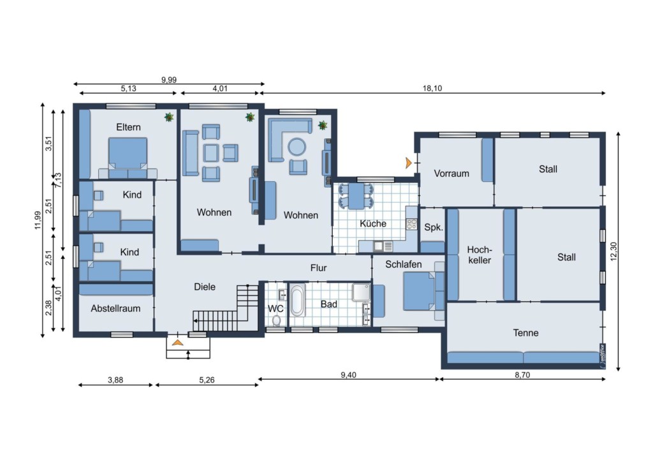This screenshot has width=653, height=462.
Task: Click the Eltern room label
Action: click(x=128, y=127)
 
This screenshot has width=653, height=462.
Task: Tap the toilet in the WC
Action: click(x=276, y=320)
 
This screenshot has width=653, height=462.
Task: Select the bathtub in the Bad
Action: click(x=297, y=300)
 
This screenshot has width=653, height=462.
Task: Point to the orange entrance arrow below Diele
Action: click(x=178, y=343)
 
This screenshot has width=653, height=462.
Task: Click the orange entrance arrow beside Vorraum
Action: click(x=409, y=163)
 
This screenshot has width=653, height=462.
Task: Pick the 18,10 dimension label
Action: click(x=432, y=88)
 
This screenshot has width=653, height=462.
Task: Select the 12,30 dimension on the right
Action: click(x=613, y=251)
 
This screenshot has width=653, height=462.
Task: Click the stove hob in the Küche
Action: click(x=411, y=224)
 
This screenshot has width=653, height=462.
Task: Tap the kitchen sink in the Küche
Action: click(x=383, y=246)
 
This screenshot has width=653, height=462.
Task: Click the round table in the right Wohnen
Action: click(x=297, y=147)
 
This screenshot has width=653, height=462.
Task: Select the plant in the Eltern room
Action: click(x=169, y=117)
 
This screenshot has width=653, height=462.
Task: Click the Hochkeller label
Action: click(x=480, y=255)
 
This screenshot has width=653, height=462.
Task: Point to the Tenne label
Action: click(x=525, y=333)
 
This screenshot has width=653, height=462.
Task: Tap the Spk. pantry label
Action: click(x=434, y=227)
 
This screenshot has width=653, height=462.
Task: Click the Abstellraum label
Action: click(x=115, y=309)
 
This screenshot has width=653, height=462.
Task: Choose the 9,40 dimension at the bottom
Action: click(x=349, y=375)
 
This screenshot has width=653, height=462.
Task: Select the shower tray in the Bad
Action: click(x=361, y=292)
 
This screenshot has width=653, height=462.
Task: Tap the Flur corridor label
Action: click(x=319, y=268)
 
